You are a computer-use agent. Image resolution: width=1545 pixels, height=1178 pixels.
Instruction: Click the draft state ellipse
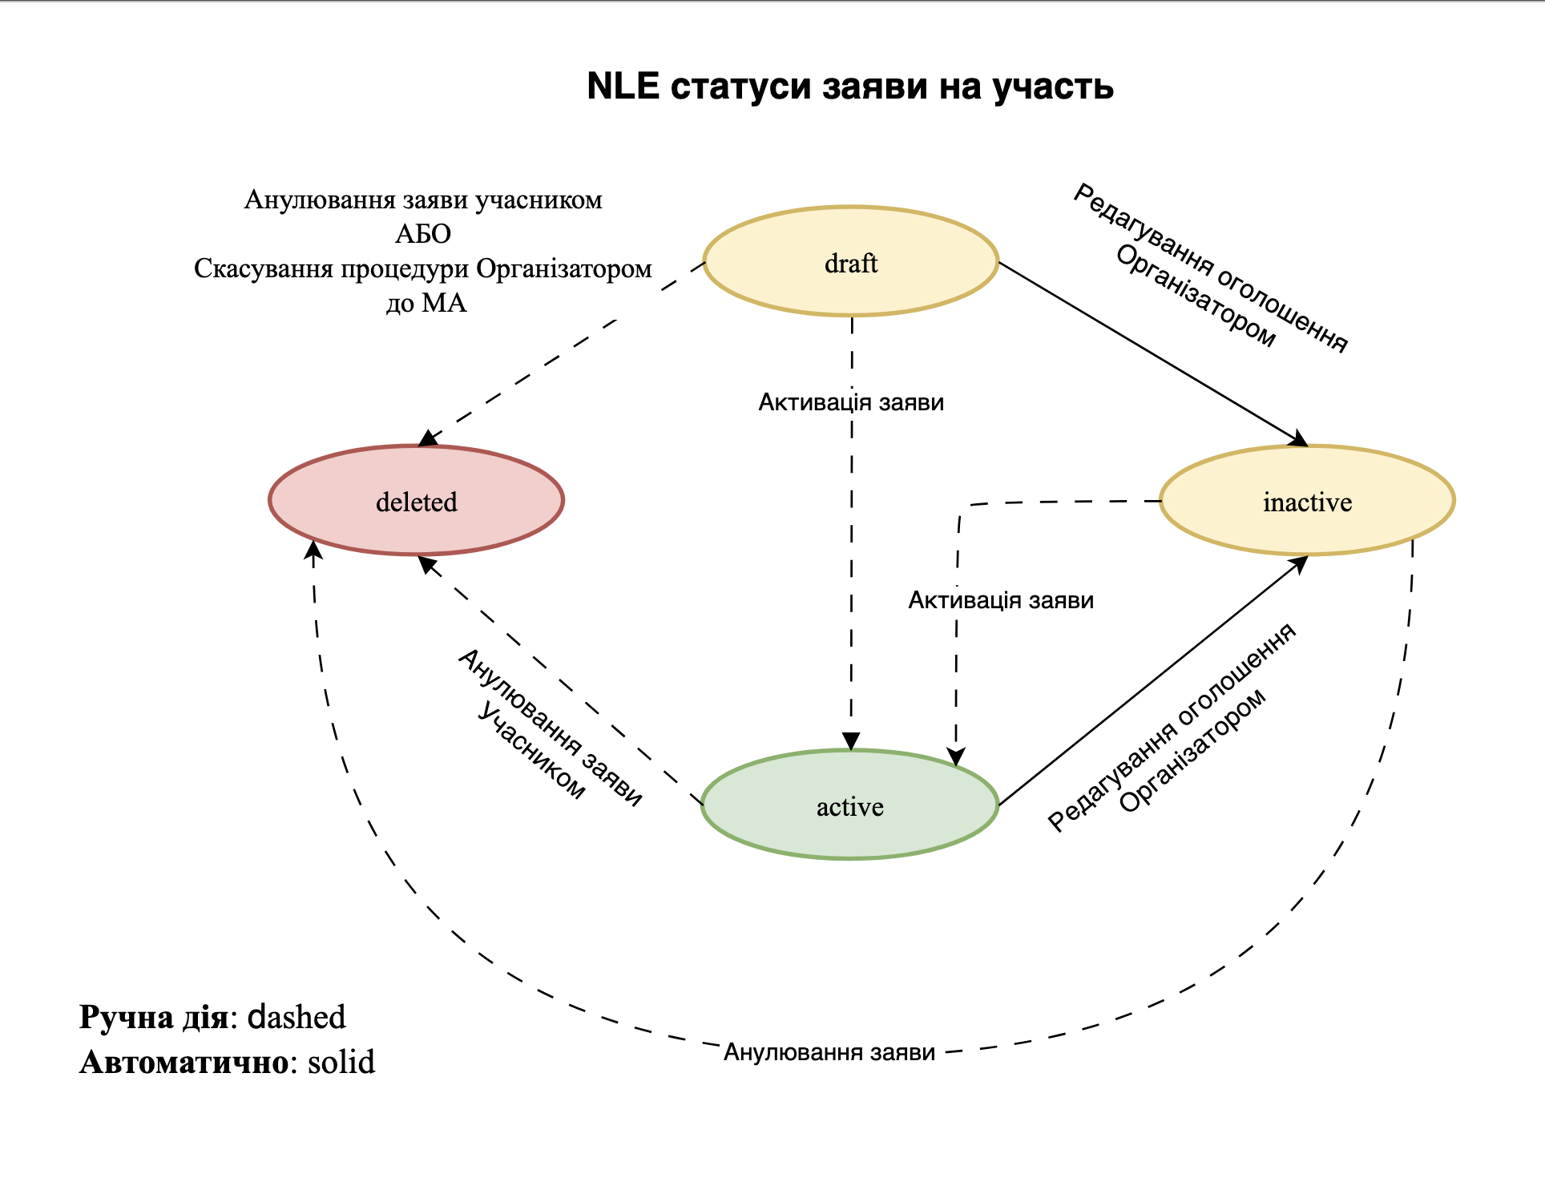coord(850,262)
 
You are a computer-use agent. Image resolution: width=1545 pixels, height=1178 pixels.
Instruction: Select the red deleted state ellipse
coord(416,501)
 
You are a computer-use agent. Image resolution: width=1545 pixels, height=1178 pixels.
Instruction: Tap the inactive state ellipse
coord(1307,501)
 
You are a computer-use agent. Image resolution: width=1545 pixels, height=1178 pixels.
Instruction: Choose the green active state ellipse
coord(849,805)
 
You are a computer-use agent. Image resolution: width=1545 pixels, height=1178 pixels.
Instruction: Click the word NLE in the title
coord(623,86)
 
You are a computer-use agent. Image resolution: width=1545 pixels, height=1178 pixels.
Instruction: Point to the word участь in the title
coord(1053,86)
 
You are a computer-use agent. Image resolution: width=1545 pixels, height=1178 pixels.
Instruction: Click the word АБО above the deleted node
coord(423,233)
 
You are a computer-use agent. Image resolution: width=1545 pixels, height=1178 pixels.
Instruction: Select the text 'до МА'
coord(426,302)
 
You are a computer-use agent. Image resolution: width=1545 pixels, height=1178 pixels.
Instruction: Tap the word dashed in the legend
coord(296,1017)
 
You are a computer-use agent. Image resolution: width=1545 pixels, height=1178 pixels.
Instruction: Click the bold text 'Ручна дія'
coord(154,1017)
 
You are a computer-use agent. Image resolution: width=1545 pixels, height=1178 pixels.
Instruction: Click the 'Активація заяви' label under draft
coord(851,401)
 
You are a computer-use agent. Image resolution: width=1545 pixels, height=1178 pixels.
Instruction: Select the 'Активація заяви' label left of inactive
coord(1001,600)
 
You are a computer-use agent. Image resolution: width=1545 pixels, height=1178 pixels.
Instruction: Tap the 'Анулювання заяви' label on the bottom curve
coord(829,1052)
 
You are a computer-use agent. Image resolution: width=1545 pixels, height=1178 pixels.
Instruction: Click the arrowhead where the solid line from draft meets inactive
coord(1299,439)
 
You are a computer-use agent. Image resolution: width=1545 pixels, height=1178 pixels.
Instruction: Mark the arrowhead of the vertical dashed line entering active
coord(851,741)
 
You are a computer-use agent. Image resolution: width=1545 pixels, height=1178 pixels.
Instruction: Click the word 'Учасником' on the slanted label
coord(530,750)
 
